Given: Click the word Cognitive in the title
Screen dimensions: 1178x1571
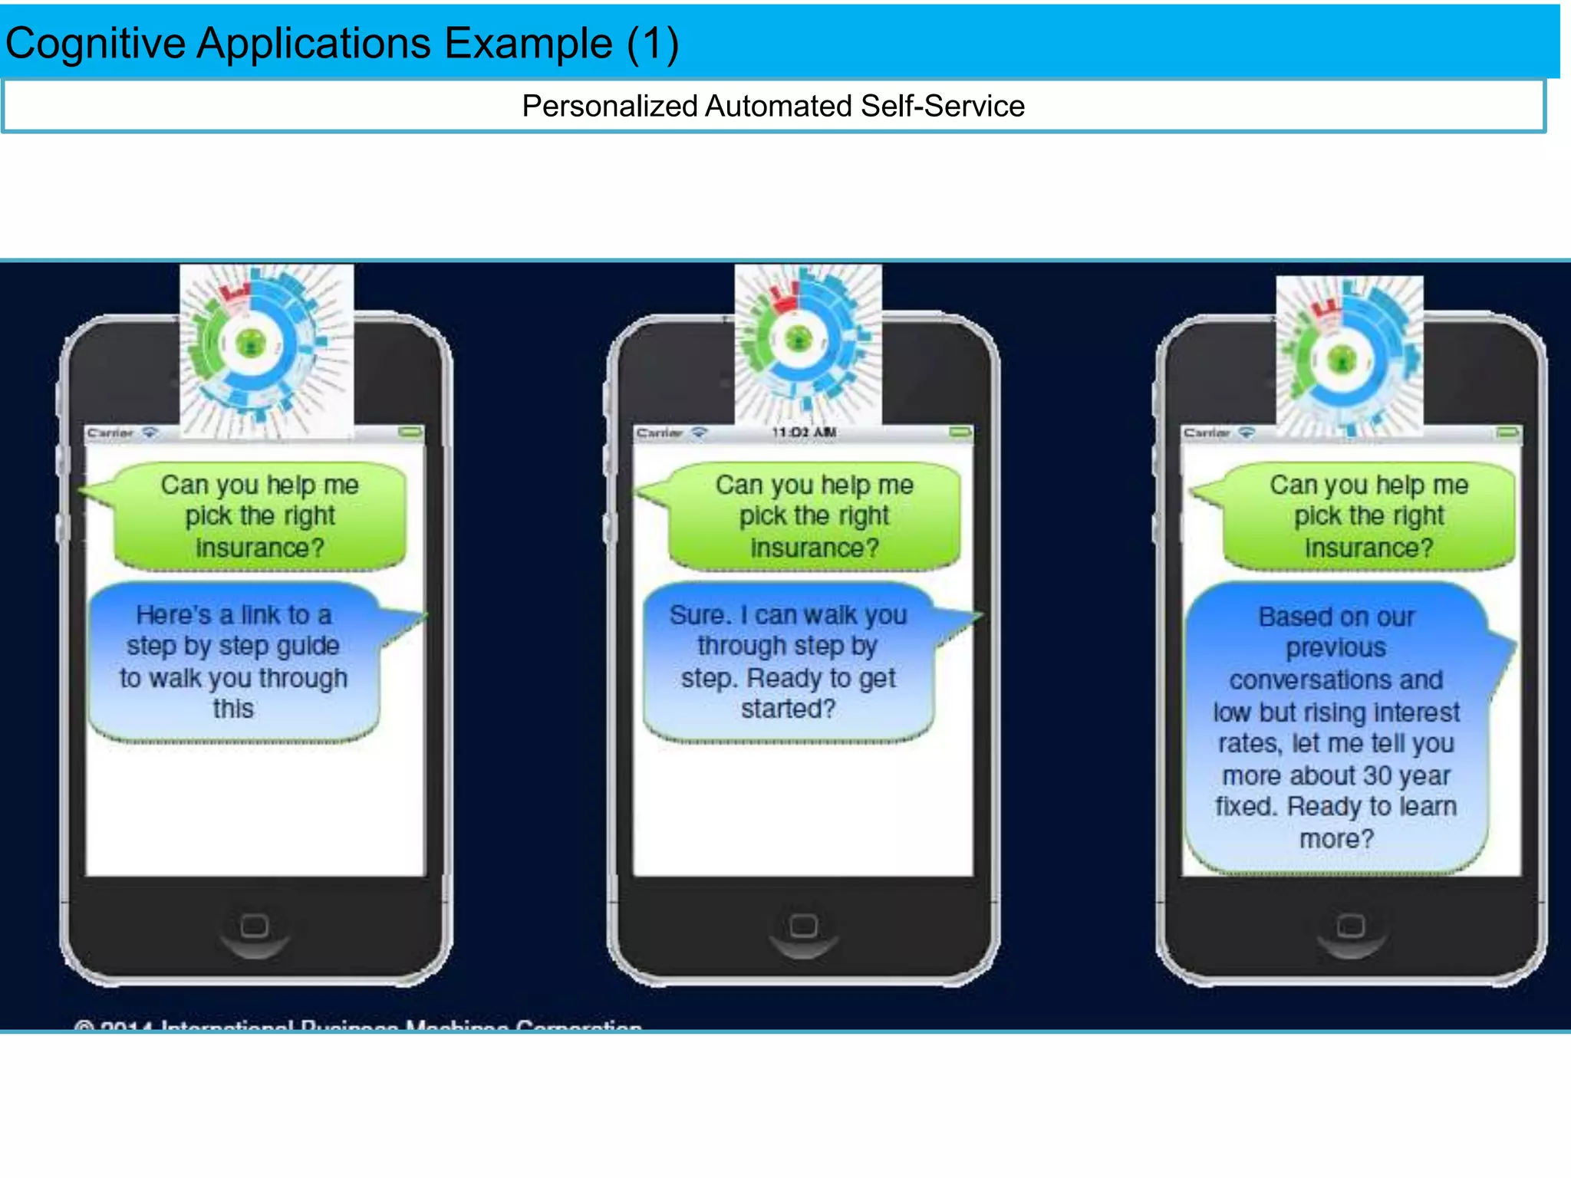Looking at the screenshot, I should (95, 43).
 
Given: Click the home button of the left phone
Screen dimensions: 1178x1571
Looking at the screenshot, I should (255, 926).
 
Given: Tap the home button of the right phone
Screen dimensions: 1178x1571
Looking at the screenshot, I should (1351, 926).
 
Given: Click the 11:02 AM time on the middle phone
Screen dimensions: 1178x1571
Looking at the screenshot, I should (804, 433).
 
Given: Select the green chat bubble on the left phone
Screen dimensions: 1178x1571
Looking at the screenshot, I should (259, 516).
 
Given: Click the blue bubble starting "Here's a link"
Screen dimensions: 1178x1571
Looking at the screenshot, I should (233, 661).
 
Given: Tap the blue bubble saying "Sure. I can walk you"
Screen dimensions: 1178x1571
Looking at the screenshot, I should (789, 661).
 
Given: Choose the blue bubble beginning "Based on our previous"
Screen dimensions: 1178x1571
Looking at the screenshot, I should (1336, 727).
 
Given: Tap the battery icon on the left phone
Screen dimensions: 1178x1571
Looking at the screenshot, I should (411, 433).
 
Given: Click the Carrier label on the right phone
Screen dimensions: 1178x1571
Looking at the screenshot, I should (1206, 433).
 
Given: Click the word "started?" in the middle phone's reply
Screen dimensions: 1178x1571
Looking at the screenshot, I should (788, 709).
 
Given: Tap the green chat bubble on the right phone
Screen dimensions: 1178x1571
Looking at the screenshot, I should (1368, 516).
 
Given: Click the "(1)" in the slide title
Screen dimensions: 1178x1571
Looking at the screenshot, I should (652, 43).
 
